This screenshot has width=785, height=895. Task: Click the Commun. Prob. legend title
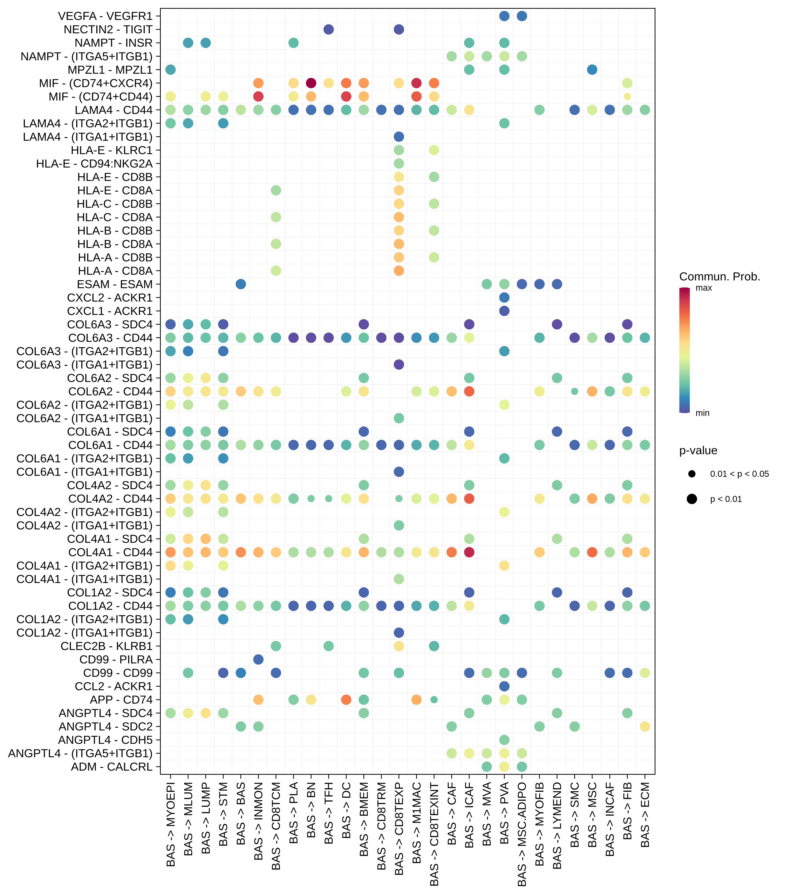pyautogui.click(x=719, y=277)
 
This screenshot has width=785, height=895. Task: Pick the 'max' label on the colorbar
pyautogui.click(x=704, y=288)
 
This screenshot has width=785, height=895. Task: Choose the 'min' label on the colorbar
pyautogui.click(x=702, y=413)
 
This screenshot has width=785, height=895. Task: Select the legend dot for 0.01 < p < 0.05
pyautogui.click(x=692, y=474)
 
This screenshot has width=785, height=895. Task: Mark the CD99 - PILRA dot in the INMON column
pyautogui.click(x=258, y=659)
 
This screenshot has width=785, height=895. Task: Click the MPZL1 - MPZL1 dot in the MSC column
pyautogui.click(x=592, y=70)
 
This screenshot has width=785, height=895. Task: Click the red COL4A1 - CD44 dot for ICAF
pyautogui.click(x=469, y=552)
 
